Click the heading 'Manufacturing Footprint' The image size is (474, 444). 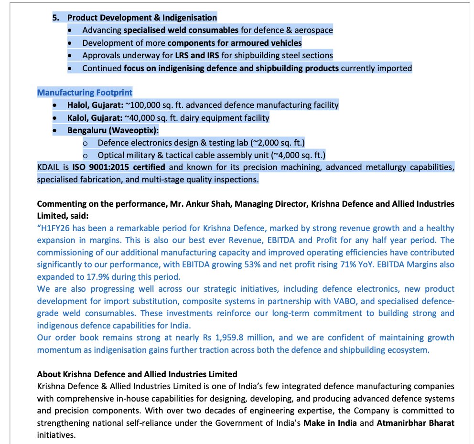85,92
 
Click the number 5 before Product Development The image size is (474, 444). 55,18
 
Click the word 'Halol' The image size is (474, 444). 78,105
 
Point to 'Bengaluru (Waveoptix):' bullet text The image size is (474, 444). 113,130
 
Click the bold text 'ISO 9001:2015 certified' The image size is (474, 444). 118,168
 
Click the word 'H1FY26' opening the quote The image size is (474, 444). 54,229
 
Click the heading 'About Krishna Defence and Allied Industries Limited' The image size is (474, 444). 137,374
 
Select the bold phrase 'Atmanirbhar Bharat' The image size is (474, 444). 415,423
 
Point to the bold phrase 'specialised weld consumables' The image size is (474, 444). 181,30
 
